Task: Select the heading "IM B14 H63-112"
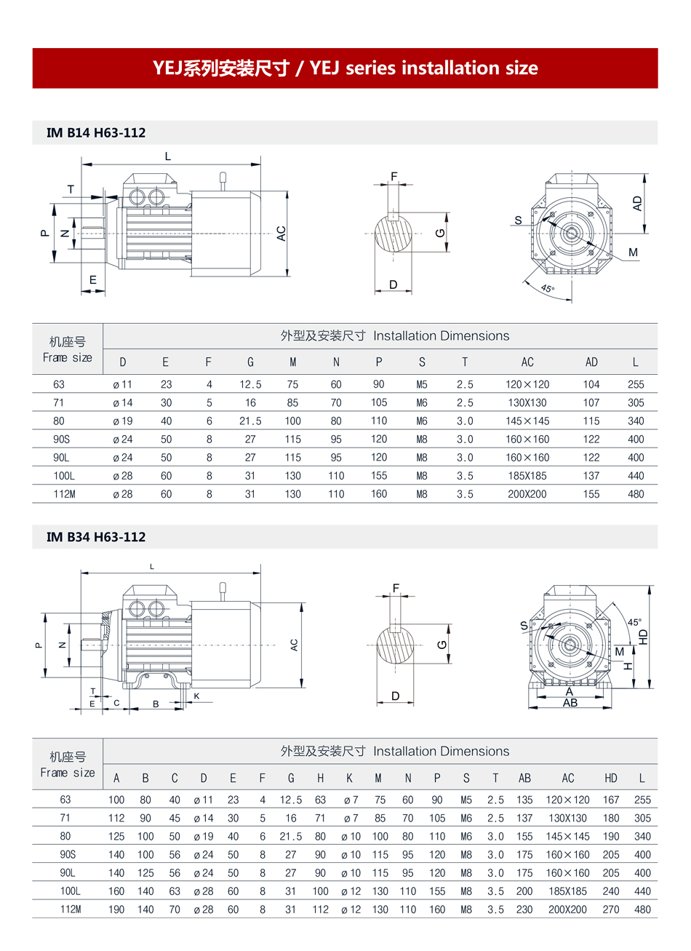(x=96, y=132)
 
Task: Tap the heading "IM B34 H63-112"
(x=96, y=537)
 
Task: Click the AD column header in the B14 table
(x=591, y=362)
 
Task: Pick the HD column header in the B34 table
(x=611, y=778)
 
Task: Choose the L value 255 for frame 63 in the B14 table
(x=636, y=384)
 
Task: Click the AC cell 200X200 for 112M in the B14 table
(x=527, y=494)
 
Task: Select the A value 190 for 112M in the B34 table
(x=116, y=910)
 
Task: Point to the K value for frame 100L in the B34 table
(x=350, y=891)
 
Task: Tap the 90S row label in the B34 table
(x=68, y=854)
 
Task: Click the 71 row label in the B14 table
(x=58, y=402)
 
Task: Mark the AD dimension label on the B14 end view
(x=638, y=204)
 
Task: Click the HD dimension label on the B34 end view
(x=643, y=636)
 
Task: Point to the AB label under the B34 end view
(x=570, y=703)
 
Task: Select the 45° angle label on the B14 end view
(x=548, y=288)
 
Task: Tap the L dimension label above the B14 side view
(x=168, y=156)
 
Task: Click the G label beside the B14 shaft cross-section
(x=439, y=233)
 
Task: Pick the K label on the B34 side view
(x=196, y=696)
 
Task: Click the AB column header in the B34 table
(x=524, y=778)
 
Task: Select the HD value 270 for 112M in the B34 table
(x=611, y=910)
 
